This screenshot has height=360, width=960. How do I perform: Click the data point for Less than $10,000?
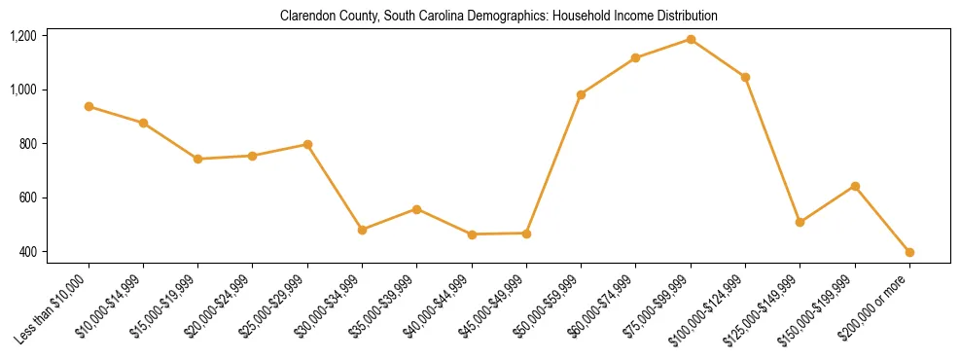tap(89, 106)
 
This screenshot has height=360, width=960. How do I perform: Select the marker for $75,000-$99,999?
tap(691, 39)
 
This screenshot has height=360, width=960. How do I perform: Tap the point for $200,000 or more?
tap(909, 252)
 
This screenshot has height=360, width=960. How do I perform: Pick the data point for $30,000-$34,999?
tap(362, 230)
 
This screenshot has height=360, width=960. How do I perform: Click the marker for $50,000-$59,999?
tap(581, 94)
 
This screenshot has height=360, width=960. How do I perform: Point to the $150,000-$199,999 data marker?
tap(855, 186)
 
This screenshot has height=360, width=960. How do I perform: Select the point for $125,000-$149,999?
tap(800, 222)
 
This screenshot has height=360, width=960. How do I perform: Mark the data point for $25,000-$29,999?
tap(307, 144)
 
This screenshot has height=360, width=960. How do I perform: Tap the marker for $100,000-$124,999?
tap(745, 77)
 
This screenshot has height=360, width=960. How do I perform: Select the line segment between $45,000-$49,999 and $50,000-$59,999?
tap(553, 163)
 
